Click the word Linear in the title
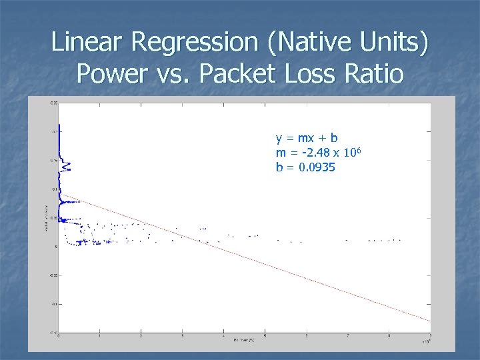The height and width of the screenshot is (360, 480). tap(87, 42)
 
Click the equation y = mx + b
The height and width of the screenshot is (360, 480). tap(307, 138)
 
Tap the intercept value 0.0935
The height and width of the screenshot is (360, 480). tap(317, 167)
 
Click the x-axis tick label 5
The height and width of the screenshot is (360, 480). tap(265, 336)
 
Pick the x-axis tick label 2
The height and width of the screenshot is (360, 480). tap(141, 336)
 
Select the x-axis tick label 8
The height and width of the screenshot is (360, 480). tap(389, 336)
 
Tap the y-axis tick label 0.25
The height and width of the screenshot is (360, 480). tap(53, 103)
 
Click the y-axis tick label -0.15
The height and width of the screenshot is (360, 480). tap(52, 332)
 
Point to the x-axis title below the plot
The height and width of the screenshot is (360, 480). tap(243, 340)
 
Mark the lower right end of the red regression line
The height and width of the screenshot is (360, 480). tap(429, 321)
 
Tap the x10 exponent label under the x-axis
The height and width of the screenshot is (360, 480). tap(425, 341)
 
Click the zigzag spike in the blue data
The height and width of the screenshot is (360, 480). tap(65, 166)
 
